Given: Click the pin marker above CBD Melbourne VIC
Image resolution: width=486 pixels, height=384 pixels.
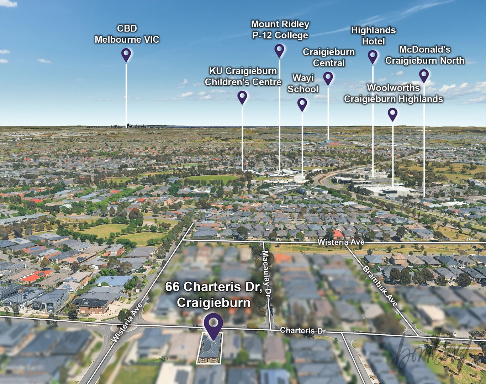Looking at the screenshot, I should click(126, 54).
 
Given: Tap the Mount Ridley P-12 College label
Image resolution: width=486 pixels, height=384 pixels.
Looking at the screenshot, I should click(280, 30).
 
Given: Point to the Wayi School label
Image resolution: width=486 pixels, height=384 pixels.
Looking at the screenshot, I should click(303, 84).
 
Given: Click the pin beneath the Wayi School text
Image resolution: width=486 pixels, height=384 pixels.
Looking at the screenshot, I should click(302, 104).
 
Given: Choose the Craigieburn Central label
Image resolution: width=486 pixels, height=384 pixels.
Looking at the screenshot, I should click(329, 58).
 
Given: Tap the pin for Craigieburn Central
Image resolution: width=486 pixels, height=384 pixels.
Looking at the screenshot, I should click(328, 78).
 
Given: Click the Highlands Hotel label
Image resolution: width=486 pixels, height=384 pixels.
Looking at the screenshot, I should click(373, 36).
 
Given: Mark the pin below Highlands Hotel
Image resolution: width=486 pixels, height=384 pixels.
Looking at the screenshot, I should click(373, 56).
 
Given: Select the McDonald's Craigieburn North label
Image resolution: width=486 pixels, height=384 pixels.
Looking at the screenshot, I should click(424, 55).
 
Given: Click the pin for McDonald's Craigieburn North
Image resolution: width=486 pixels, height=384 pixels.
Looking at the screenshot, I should click(424, 75).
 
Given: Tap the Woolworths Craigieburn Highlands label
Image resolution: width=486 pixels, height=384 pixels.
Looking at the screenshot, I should click(393, 94).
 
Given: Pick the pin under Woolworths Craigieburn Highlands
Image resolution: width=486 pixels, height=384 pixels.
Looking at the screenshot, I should click(392, 114).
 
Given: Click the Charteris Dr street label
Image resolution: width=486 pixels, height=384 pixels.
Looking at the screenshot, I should click(303, 331).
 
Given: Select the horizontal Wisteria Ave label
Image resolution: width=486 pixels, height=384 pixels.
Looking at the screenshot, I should click(341, 242).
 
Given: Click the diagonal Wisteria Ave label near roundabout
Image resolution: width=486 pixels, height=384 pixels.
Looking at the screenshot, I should click(127, 323).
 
